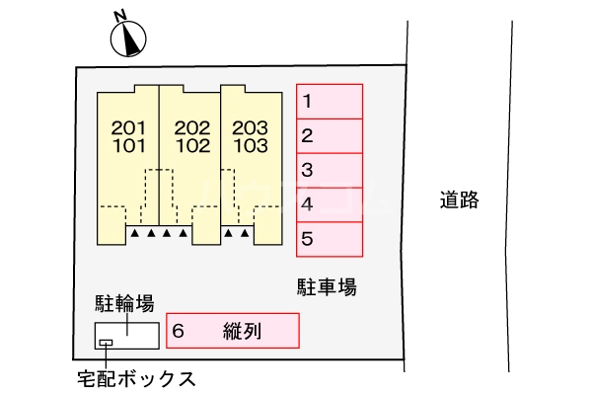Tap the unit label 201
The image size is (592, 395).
[129, 127]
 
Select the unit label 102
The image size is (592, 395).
[192, 145]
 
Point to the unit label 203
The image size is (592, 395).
[251, 127]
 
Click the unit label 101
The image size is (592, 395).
[129, 145]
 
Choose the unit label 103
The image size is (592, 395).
[251, 145]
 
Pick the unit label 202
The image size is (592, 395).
[192, 127]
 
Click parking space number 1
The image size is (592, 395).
[331, 101]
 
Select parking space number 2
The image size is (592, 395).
[331, 135]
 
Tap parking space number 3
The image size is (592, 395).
[331, 170]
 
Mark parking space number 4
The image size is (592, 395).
[331, 204]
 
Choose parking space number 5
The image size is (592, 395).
[331, 239]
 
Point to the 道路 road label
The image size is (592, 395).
[459, 200]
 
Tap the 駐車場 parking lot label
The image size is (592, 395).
[327, 287]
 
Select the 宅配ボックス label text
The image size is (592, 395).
[135, 377]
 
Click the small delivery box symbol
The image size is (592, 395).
[106, 343]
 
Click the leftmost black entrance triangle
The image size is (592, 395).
[134, 234]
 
